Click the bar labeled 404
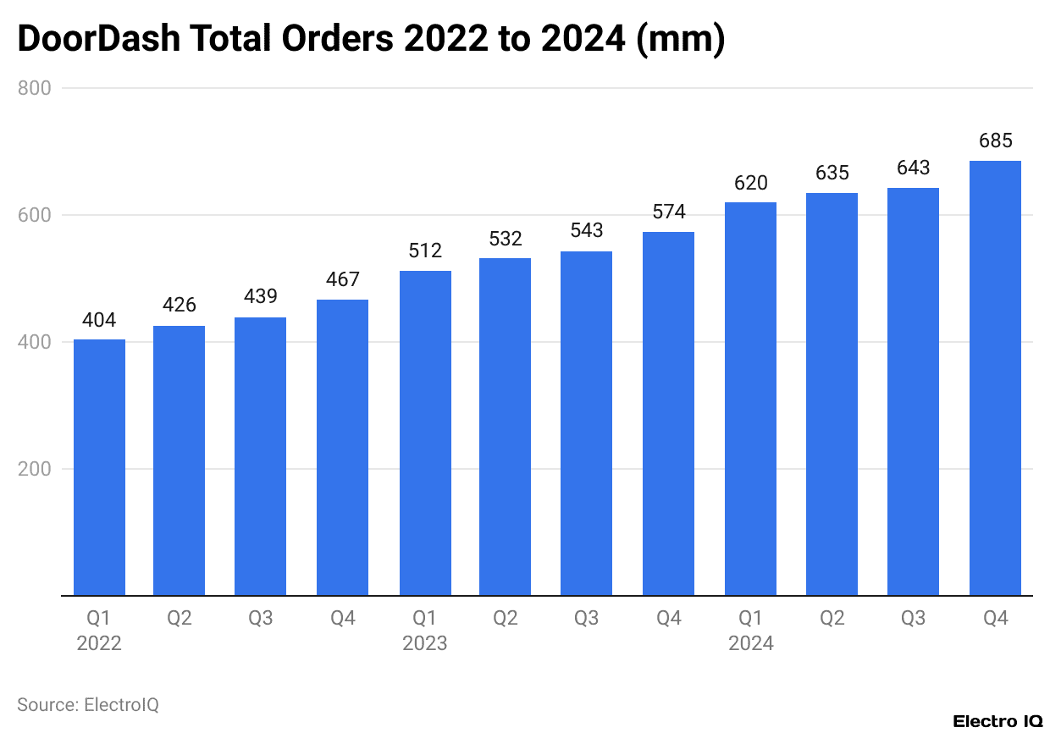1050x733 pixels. [99, 467]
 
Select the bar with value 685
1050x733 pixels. [995, 378]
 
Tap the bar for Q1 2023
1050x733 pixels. [425, 433]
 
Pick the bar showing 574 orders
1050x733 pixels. [668, 414]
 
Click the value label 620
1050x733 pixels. [750, 182]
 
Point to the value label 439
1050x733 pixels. [261, 297]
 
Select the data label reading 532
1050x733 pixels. [506, 239]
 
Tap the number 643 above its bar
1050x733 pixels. [913, 168]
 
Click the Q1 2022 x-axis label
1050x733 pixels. [99, 631]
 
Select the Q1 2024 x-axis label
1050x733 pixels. [751, 631]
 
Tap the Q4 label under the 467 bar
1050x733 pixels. [342, 619]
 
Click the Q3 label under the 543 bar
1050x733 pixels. [586, 619]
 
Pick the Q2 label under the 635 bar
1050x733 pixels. [832, 619]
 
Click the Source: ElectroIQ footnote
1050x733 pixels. [88, 704]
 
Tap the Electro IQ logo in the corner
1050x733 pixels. [997, 721]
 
